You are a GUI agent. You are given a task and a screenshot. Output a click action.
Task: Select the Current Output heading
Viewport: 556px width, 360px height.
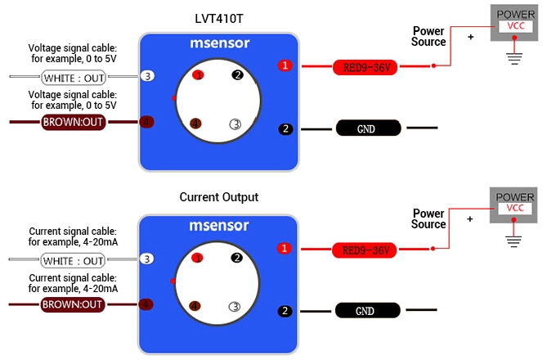coord(218,197)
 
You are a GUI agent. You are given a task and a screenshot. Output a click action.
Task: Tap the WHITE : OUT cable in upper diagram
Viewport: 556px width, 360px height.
coord(74,77)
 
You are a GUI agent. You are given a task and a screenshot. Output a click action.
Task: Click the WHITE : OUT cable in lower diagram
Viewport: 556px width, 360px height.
coord(74,260)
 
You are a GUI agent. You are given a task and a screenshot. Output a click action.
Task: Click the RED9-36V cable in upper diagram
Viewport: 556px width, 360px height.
coord(365,67)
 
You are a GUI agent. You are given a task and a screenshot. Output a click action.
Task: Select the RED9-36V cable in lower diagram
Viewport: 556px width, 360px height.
coord(365,250)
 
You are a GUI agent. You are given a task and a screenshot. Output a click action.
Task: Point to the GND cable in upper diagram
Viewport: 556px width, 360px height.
coord(368,128)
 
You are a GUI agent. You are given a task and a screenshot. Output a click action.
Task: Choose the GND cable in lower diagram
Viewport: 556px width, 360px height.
coord(368,311)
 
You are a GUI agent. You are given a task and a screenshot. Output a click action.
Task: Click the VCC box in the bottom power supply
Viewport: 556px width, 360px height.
coord(515,209)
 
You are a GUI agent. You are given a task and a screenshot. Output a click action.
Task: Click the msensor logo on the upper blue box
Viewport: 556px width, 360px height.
coord(218,44)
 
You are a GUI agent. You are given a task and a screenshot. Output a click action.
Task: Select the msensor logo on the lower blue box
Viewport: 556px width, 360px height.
coord(218,226)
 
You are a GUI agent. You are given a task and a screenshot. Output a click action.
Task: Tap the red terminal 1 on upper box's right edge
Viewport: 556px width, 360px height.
coord(285,65)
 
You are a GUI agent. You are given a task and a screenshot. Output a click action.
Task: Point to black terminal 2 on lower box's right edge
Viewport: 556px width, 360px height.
coord(285,311)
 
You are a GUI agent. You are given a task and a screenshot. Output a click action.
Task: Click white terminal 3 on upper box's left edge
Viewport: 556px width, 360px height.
coord(147,76)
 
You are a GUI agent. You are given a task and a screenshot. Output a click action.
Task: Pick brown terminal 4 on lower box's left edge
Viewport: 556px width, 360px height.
coord(147,304)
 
